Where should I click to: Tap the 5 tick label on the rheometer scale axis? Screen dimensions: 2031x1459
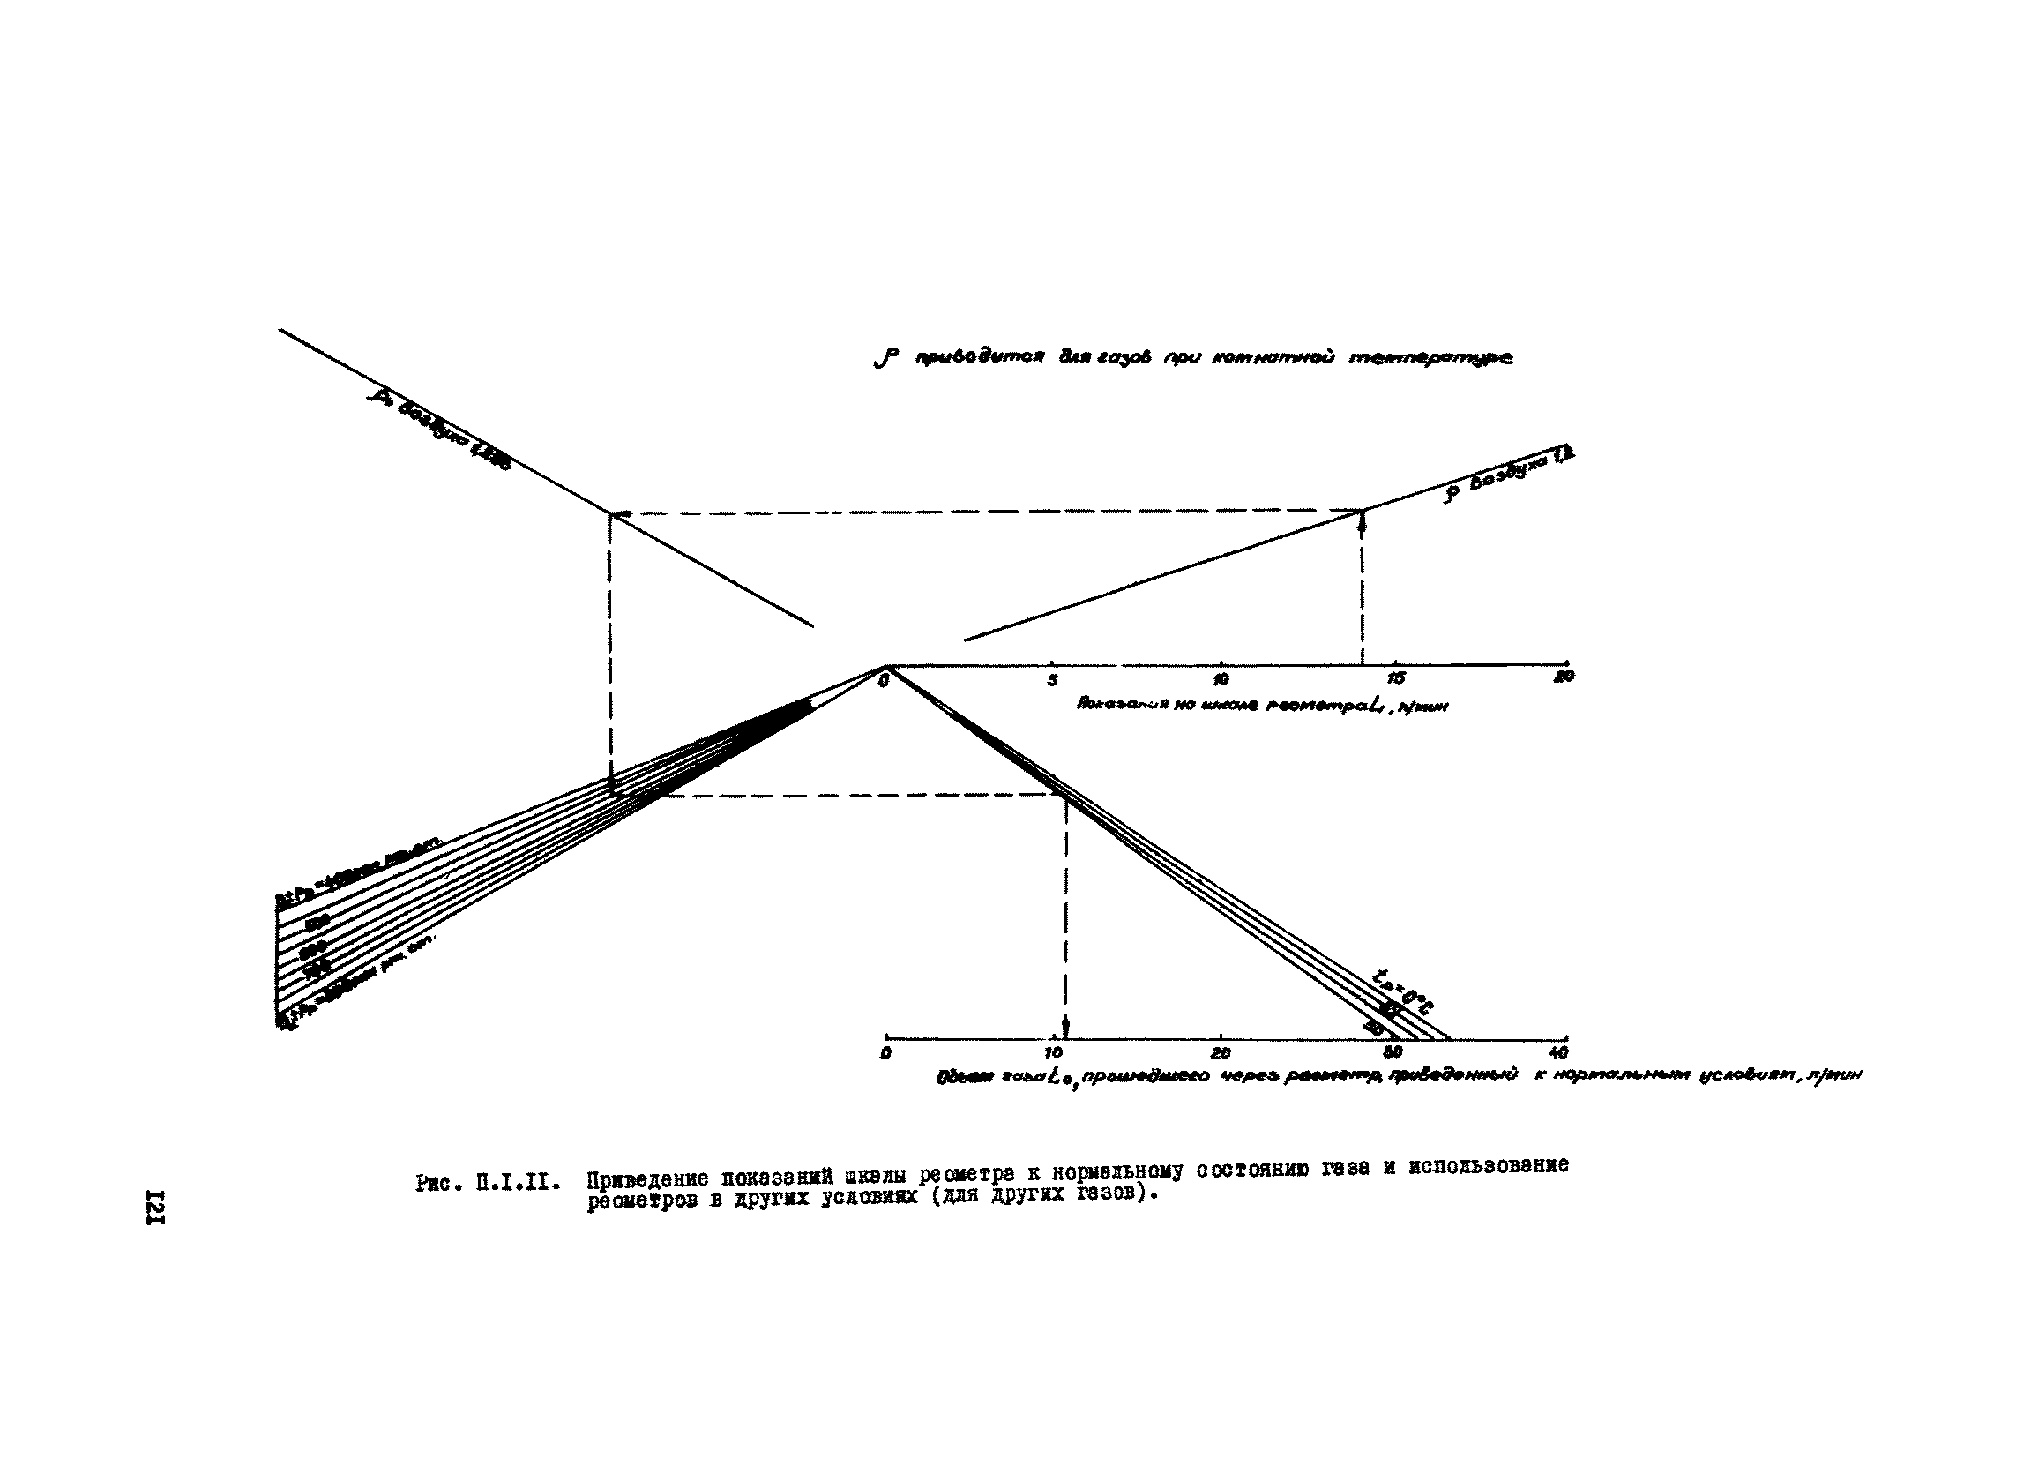1052,680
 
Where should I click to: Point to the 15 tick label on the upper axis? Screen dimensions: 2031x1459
1396,680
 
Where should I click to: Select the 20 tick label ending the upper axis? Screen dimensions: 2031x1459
1564,677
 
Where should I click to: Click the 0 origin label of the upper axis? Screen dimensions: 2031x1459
884,682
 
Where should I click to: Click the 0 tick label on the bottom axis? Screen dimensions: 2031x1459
885,1054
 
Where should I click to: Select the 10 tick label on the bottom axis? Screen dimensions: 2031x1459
1054,1052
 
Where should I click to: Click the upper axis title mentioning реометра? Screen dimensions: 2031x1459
1263,705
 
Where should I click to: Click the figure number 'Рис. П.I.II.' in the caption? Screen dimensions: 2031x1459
489,1182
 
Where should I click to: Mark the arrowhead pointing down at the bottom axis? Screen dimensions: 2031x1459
1064,1028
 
